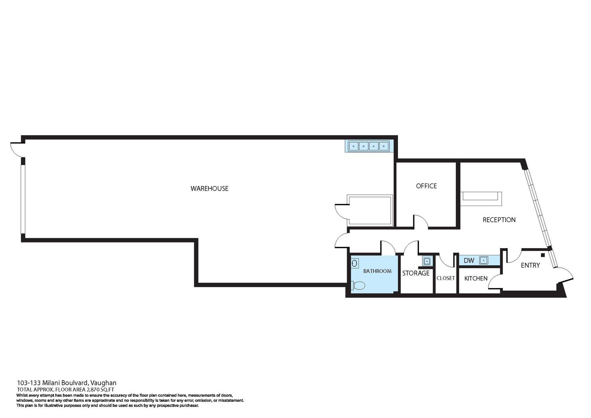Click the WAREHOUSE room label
point(210,188)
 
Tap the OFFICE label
point(426,186)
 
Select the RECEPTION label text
point(499,220)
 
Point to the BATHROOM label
point(377,271)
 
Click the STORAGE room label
point(416,273)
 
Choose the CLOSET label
point(446,278)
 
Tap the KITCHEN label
point(476,279)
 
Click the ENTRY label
point(530,265)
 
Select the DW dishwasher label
point(469,260)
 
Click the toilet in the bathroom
point(358,285)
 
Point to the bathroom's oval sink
point(355,263)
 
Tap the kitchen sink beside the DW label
point(483,260)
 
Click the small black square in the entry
point(543,255)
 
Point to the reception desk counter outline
point(481,199)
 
